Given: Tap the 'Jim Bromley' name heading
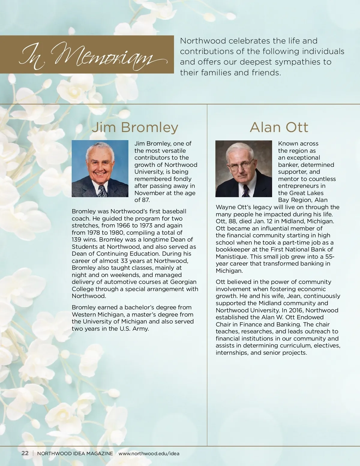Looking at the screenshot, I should click(x=135, y=127).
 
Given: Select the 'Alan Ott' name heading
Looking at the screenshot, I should click(x=279, y=127).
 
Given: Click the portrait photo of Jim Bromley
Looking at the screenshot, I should click(x=100, y=168).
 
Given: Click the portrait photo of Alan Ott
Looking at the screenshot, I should click(x=243, y=168).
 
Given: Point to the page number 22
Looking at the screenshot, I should click(x=25, y=453).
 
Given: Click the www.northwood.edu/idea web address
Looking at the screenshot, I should click(x=149, y=453).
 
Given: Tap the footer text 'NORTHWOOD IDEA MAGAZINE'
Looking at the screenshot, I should click(x=75, y=453).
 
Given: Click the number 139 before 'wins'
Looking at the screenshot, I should click(x=77, y=239).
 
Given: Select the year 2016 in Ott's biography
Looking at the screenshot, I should click(x=296, y=310).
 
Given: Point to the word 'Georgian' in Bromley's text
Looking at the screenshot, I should click(x=183, y=282).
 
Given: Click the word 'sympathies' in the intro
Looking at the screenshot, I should click(x=298, y=62).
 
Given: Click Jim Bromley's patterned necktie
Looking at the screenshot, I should click(x=102, y=191).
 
